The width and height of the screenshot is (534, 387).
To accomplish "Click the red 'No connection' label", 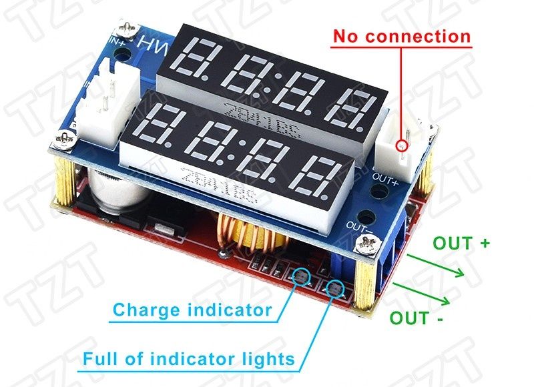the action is click(x=402, y=35).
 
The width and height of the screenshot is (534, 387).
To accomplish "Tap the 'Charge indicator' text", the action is click(x=192, y=310).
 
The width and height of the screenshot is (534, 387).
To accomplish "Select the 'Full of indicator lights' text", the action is click(x=188, y=360).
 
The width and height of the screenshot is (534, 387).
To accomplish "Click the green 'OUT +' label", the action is click(x=461, y=243).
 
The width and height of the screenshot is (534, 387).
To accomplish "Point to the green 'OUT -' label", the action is click(x=417, y=318).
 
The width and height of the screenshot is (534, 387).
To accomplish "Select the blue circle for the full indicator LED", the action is click(x=334, y=289).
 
